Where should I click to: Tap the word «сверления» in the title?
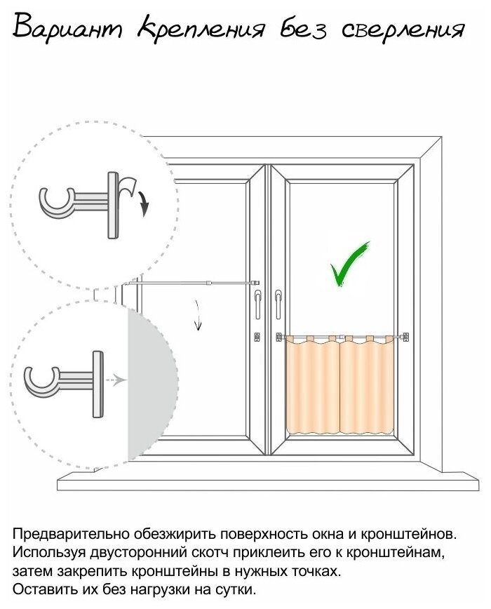pyautogui.click(x=403, y=29)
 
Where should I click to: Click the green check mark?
pyautogui.click(x=349, y=263)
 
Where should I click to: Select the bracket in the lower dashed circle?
pyautogui.click(x=67, y=382)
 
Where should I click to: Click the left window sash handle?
pyautogui.click(x=260, y=301)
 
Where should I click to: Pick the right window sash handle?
pyautogui.click(x=278, y=302)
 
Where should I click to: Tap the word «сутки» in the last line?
pyautogui.click(x=235, y=587)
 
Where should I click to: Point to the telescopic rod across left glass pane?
pyautogui.click(x=189, y=283)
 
